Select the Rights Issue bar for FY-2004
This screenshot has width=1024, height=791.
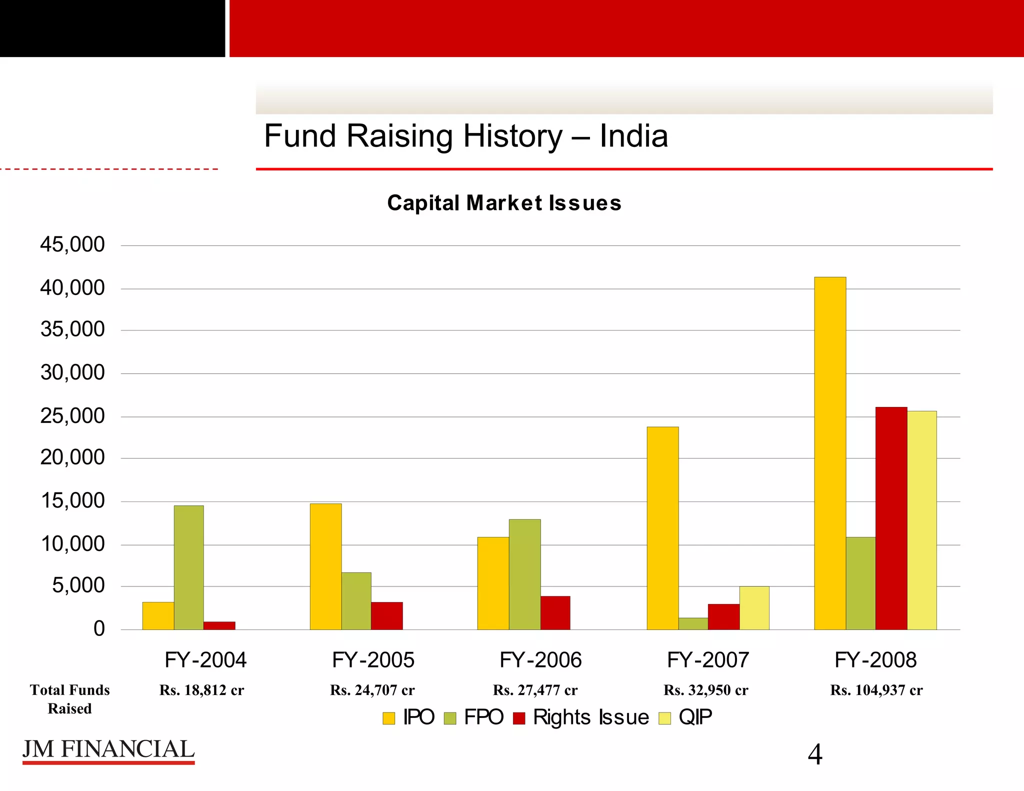(219, 625)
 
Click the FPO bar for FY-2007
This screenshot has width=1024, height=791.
(693, 623)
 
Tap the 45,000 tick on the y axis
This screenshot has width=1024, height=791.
(72, 245)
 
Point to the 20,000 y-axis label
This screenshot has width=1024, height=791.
(72, 457)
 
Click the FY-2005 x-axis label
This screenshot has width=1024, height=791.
(373, 660)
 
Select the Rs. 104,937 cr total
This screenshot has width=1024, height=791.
(876, 690)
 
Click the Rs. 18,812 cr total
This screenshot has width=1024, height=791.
(201, 690)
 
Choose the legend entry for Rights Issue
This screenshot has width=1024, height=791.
(581, 717)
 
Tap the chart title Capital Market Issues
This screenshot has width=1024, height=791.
(504, 203)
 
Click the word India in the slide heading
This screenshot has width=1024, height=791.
(633, 136)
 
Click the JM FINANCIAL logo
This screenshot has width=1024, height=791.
(108, 750)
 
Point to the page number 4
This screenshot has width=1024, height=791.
(815, 754)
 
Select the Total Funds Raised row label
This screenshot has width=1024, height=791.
(69, 699)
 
